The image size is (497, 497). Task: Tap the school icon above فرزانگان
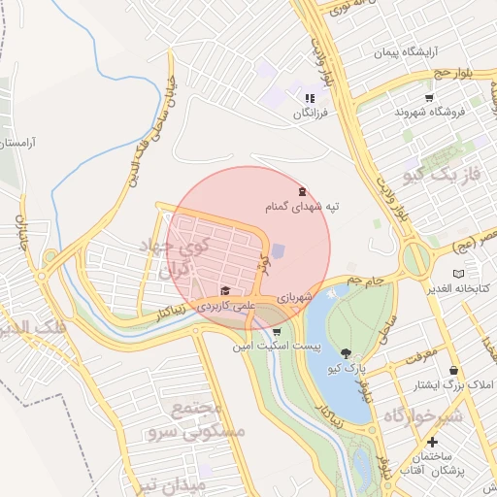(x=310, y=98)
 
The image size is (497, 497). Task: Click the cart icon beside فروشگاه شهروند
(x=429, y=98)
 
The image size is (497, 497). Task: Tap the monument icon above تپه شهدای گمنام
(x=303, y=191)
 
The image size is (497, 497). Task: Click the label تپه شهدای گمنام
(x=303, y=208)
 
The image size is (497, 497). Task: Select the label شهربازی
(x=294, y=295)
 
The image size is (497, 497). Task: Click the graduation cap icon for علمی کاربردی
(x=225, y=290)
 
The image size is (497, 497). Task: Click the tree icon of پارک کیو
(x=347, y=353)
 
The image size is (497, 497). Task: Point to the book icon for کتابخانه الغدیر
(x=458, y=274)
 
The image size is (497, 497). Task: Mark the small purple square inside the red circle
(x=279, y=251)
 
